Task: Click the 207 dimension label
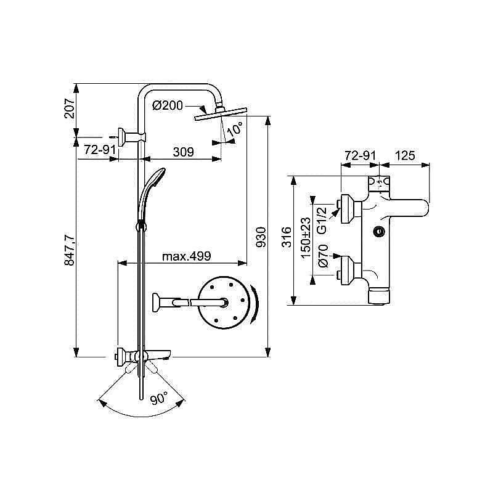(x=69, y=108)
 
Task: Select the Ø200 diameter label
(x=167, y=105)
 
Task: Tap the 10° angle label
(x=235, y=130)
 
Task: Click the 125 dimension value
(x=404, y=157)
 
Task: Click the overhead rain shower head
(x=220, y=115)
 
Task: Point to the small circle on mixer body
(x=379, y=232)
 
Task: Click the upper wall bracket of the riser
(x=131, y=136)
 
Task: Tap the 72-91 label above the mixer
(x=360, y=157)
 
